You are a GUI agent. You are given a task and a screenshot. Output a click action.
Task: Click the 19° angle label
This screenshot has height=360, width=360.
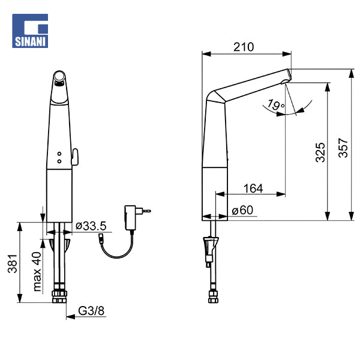276,105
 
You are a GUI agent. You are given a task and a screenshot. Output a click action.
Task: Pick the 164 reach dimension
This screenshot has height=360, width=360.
253,188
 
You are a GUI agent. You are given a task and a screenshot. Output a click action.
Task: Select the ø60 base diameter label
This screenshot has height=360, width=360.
242,211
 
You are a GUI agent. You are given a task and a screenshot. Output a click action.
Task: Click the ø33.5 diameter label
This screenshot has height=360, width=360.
91,226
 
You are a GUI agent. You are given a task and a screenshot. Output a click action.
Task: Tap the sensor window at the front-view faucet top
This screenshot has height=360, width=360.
59,77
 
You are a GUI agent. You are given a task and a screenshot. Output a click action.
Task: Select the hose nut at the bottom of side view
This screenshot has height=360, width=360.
212,298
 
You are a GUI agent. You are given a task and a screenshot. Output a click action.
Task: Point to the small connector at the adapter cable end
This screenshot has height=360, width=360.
102,239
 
